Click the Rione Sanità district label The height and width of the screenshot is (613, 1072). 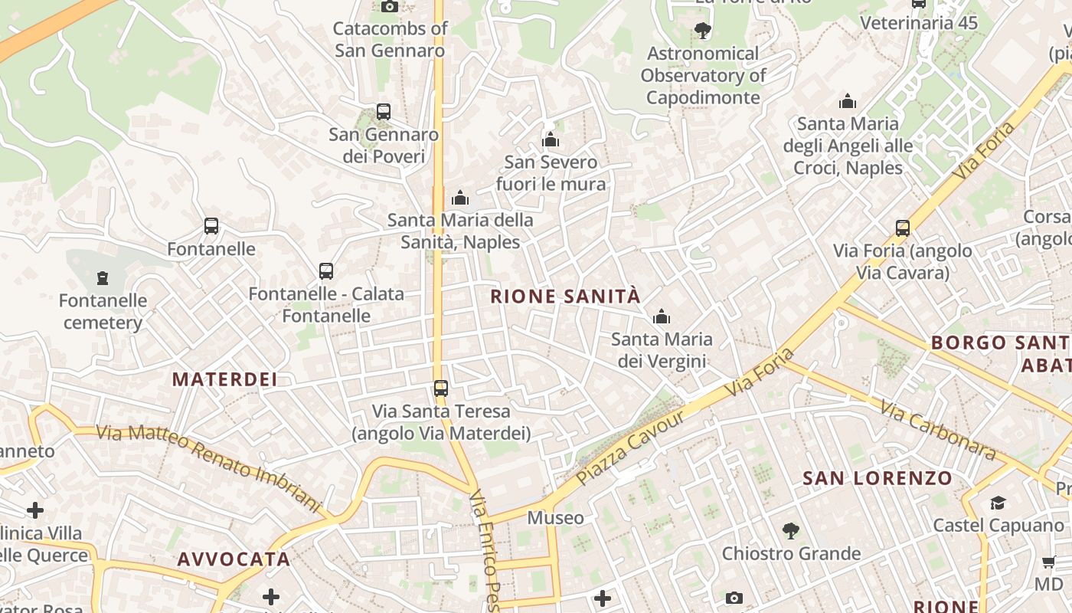564,297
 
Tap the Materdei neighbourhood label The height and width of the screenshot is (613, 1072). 224,379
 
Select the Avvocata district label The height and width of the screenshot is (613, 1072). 234,559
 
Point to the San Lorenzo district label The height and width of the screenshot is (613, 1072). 878,479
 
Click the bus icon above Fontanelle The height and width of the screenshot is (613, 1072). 211,226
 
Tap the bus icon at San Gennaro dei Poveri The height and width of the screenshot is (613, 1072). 384,112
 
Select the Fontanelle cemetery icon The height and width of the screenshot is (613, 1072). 103,278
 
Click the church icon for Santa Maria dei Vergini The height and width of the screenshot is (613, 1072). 662,316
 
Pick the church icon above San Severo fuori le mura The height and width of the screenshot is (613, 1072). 551,139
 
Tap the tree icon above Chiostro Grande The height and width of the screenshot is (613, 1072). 791,530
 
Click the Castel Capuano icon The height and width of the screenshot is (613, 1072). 998,503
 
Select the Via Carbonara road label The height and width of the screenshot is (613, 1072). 937,429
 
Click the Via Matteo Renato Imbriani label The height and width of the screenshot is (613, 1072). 208,468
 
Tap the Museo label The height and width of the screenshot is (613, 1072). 556,518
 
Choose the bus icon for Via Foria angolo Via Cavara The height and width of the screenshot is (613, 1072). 903,228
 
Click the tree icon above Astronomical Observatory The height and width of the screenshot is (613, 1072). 702,31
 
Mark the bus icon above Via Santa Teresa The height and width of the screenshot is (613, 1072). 440,388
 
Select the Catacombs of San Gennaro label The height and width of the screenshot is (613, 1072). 390,40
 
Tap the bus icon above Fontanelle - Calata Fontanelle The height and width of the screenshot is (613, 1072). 326,271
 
